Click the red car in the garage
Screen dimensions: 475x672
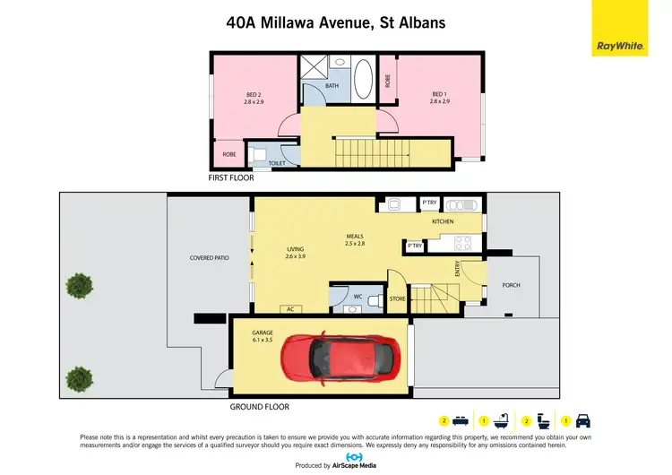(x=326, y=357)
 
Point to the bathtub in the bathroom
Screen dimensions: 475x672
(x=363, y=80)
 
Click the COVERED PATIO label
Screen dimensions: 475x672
(x=209, y=257)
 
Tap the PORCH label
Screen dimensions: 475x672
(x=511, y=285)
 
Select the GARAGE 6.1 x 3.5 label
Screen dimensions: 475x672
(x=262, y=336)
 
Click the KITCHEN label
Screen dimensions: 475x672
(x=443, y=221)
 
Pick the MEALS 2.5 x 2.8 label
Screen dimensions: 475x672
(x=356, y=239)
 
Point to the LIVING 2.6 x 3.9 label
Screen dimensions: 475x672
(x=296, y=253)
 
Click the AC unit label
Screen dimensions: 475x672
(x=289, y=309)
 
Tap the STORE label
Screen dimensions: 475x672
(x=398, y=298)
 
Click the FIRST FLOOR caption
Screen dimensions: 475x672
(x=231, y=178)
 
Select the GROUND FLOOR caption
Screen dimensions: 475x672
(x=259, y=406)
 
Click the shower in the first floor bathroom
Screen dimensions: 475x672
(x=314, y=67)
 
